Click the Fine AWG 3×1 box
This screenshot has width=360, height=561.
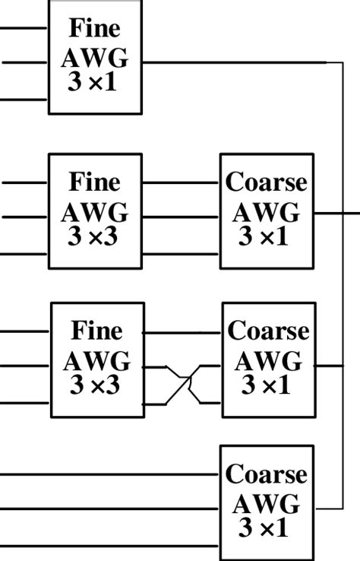coord(95,57)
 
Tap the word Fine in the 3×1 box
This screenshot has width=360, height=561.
coord(94,28)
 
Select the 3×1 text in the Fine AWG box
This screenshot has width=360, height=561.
coord(93,82)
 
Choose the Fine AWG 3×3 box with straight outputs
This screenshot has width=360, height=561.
coord(95,211)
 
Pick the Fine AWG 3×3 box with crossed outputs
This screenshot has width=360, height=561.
coord(97,360)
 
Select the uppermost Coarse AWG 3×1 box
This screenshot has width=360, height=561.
coord(267,211)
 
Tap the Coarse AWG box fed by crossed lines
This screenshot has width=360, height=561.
coord(268,360)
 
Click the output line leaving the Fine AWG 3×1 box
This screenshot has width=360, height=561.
coord(228,62)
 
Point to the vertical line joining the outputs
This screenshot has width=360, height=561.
coord(343,289)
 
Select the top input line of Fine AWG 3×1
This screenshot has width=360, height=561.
coord(23,28)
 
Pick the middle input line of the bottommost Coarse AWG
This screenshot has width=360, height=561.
coord(106,509)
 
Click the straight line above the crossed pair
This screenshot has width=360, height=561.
coord(182,333)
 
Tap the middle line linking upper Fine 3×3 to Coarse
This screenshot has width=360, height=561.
coord(181,217)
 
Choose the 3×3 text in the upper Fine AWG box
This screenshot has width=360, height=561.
coord(93,236)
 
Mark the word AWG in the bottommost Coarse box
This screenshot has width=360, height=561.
coord(267,503)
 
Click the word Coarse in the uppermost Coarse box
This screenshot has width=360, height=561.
coord(267,183)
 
